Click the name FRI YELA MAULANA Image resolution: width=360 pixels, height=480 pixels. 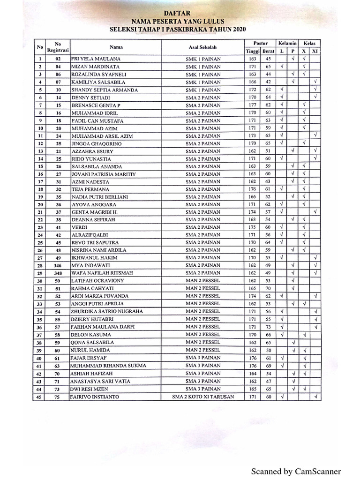[x=96, y=59]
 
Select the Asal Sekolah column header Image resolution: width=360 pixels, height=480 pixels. [x=203, y=47]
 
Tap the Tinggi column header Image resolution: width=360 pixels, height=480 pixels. [x=252, y=51]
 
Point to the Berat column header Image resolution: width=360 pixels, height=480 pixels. [x=268, y=51]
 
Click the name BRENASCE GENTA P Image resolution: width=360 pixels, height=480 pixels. [x=96, y=105]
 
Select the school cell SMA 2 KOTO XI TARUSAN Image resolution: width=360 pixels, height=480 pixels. [x=203, y=397]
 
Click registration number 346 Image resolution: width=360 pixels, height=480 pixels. [x=58, y=265]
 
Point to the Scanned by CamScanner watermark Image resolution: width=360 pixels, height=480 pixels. [x=296, y=472]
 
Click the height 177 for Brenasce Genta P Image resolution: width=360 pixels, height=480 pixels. [x=252, y=105]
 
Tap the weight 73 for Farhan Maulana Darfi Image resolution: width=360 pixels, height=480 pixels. [x=268, y=327]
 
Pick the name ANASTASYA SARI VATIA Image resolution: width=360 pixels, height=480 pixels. [x=100, y=382]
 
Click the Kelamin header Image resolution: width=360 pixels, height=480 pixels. [x=287, y=43]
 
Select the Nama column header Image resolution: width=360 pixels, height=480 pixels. [x=116, y=47]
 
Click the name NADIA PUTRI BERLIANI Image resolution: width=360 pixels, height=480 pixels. [x=99, y=197]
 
